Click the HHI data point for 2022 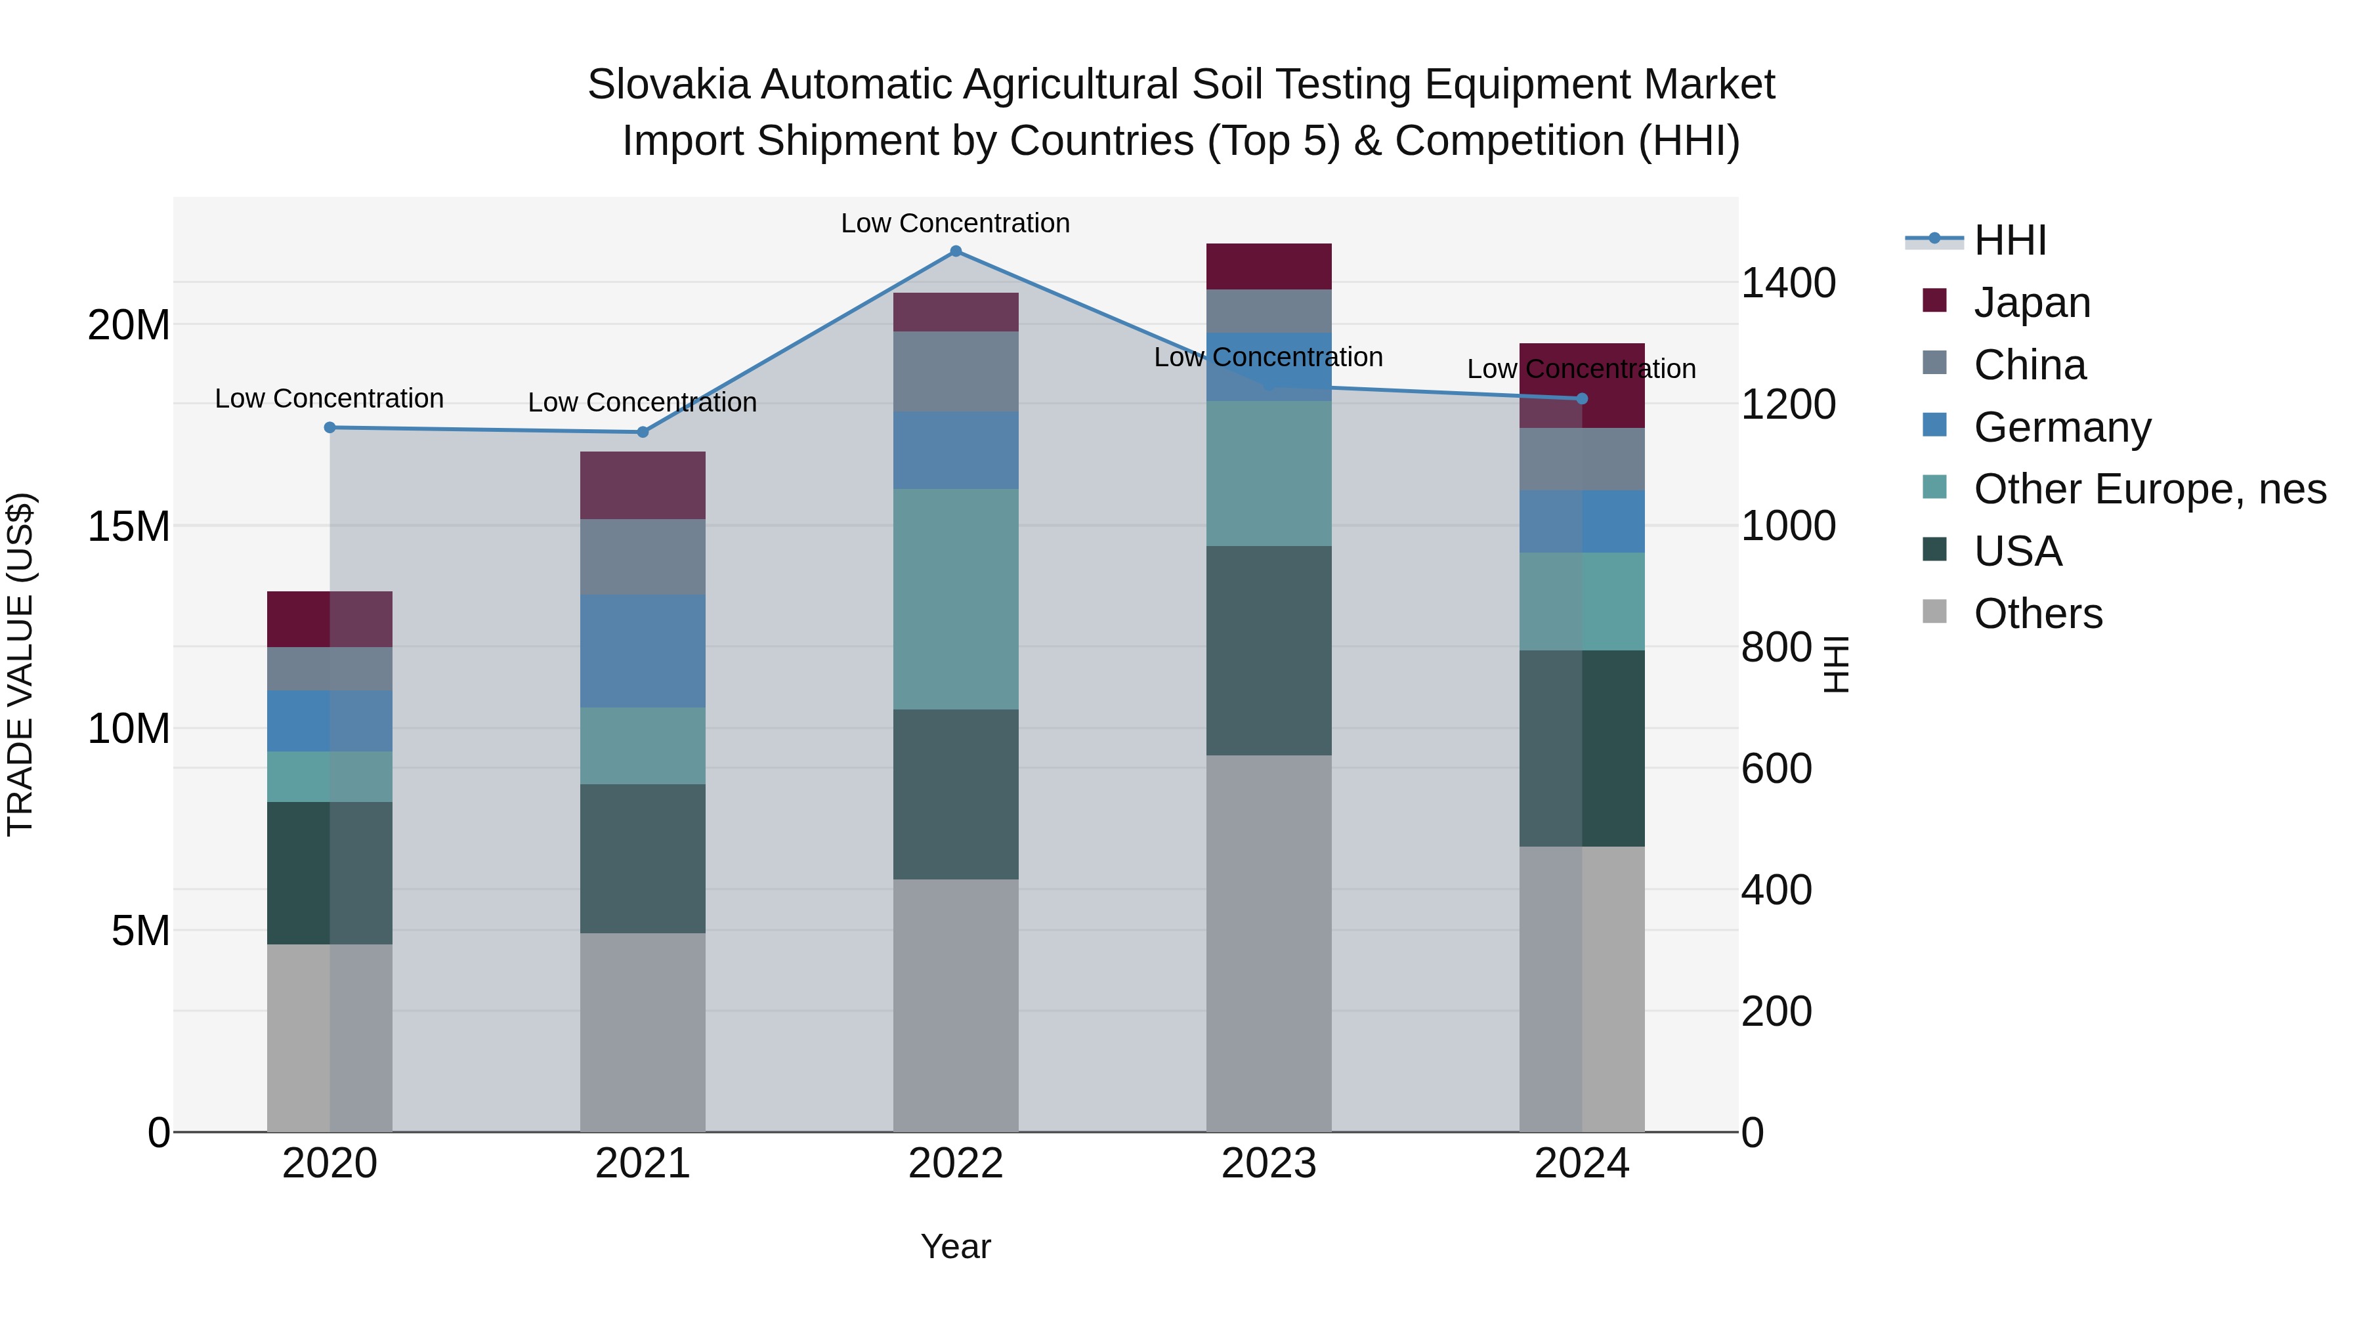pyautogui.click(x=955, y=251)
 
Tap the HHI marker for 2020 pyautogui.click(x=330, y=427)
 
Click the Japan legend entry pyautogui.click(x=2031, y=303)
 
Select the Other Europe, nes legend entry pyautogui.click(x=2148, y=489)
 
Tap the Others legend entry pyautogui.click(x=2037, y=614)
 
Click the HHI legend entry pyautogui.click(x=2009, y=240)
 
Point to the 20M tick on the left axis pyautogui.click(x=129, y=325)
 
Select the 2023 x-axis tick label pyautogui.click(x=1269, y=1164)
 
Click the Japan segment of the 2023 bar pyautogui.click(x=1269, y=267)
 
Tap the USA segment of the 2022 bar pyautogui.click(x=955, y=794)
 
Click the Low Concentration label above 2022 pyautogui.click(x=955, y=223)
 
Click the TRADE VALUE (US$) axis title pyautogui.click(x=20, y=664)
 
